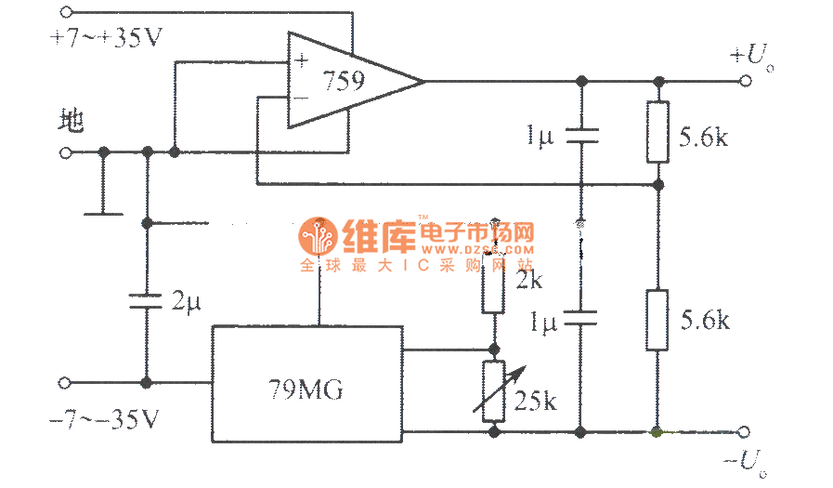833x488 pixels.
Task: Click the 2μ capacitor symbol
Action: (x=146, y=300)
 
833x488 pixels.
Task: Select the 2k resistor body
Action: (x=494, y=289)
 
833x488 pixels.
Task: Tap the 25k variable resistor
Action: (x=494, y=389)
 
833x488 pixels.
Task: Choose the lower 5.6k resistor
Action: (x=657, y=320)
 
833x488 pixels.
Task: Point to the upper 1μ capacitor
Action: (x=580, y=137)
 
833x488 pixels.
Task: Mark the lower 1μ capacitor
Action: (x=580, y=321)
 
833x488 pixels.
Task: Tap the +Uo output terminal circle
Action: (x=746, y=81)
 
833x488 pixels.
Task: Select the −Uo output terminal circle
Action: (x=746, y=431)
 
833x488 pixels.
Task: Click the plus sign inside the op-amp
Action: (x=301, y=61)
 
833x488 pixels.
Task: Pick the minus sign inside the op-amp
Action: (x=301, y=97)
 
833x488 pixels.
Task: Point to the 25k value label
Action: (x=537, y=402)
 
